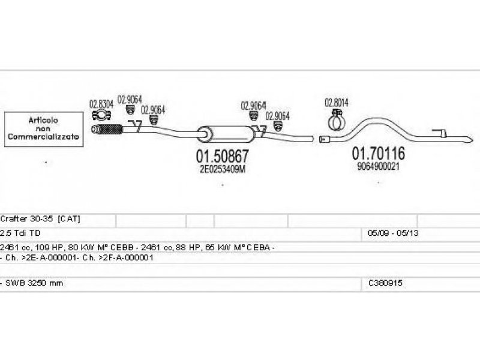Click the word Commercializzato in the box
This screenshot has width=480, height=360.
(x=44, y=137)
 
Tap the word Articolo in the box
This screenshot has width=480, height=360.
(x=44, y=120)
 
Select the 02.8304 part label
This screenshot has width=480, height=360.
(x=101, y=103)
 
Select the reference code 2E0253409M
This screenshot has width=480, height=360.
(x=223, y=169)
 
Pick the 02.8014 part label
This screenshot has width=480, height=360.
(x=337, y=102)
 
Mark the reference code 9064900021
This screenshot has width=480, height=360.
(x=378, y=166)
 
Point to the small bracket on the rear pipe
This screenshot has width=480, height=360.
(x=441, y=133)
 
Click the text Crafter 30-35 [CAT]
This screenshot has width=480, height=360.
(x=41, y=219)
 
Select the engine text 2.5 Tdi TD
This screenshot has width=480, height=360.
(x=21, y=232)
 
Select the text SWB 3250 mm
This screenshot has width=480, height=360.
(x=34, y=283)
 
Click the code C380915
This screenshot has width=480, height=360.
(x=386, y=283)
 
